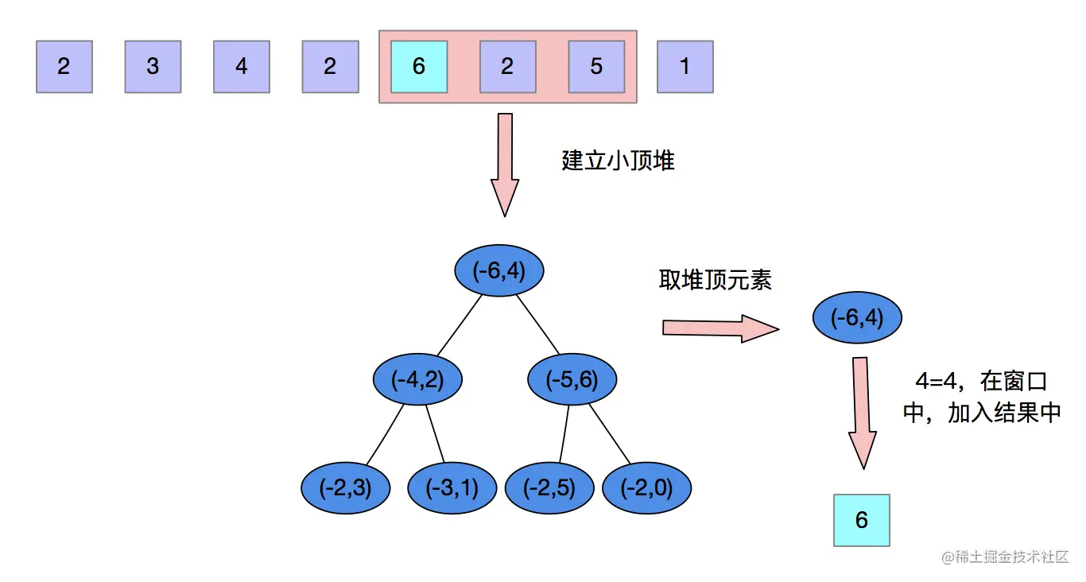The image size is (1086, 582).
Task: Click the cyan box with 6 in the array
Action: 419,67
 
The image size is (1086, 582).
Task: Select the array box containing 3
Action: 153,67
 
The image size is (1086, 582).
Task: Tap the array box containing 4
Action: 242,67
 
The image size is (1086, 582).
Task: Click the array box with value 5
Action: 596,67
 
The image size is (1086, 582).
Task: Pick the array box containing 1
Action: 685,67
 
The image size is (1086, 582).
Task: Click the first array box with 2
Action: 64,67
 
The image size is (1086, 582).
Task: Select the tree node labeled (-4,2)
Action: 418,380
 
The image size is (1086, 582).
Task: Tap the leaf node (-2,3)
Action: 347,487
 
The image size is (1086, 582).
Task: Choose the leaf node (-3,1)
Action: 452,487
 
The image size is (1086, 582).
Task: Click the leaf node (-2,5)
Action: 550,487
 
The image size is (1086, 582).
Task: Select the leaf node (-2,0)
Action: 646,487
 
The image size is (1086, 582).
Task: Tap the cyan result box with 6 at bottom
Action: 862,520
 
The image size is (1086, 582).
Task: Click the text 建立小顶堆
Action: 619,161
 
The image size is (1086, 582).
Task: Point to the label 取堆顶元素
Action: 716,280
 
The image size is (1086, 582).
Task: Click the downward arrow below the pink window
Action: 505,163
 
